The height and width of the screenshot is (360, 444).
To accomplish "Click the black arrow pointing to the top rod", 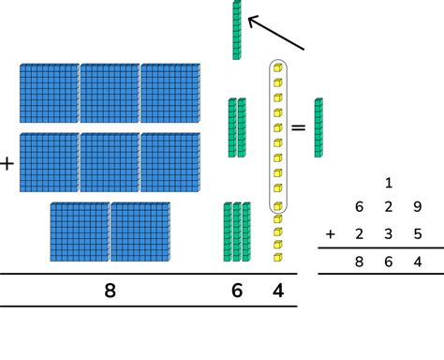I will pyautogui.click(x=275, y=31).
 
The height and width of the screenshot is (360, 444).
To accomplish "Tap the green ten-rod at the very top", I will pyautogui.click(x=237, y=30).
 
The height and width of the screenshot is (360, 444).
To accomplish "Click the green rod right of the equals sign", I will pyautogui.click(x=319, y=127).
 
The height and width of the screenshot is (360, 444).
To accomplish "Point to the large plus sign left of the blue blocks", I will pyautogui.click(x=7, y=163).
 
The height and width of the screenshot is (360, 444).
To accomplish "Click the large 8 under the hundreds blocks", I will pyautogui.click(x=110, y=291).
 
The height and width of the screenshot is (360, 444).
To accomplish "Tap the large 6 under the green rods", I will pyautogui.click(x=237, y=291).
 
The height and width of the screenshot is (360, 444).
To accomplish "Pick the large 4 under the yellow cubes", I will pyautogui.click(x=277, y=291).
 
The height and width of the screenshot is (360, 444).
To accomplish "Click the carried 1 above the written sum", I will pyautogui.click(x=388, y=183).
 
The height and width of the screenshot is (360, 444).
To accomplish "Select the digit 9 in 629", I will pyautogui.click(x=417, y=207).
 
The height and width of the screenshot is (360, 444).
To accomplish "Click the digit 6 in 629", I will pyautogui.click(x=358, y=207).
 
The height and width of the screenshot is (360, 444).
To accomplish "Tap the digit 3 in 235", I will pyautogui.click(x=388, y=233).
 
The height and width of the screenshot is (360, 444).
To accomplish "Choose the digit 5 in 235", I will pyautogui.click(x=417, y=233).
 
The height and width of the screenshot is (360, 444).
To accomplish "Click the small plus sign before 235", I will pyautogui.click(x=330, y=233).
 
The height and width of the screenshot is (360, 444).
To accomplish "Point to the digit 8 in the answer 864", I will pyautogui.click(x=358, y=263).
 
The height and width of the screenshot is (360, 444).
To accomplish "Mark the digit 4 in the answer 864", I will pyautogui.click(x=417, y=263).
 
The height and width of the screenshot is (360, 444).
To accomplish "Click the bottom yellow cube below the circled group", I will pyautogui.click(x=277, y=257).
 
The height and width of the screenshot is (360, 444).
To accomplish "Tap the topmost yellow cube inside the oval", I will pyautogui.click(x=277, y=68).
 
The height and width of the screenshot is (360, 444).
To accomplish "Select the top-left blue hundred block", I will pyautogui.click(x=50, y=93).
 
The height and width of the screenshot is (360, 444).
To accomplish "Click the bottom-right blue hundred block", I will pyautogui.click(x=141, y=232).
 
